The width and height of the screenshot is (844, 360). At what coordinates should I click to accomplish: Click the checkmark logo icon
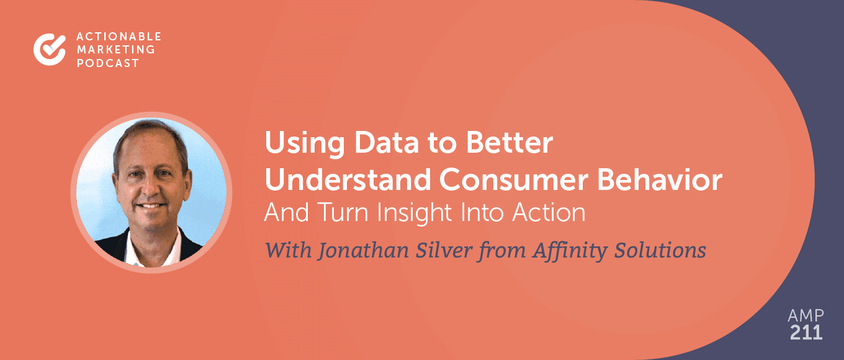(50, 49)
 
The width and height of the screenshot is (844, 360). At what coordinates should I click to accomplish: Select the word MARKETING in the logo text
(105, 50)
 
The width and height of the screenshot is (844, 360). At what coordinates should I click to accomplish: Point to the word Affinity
(557, 251)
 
